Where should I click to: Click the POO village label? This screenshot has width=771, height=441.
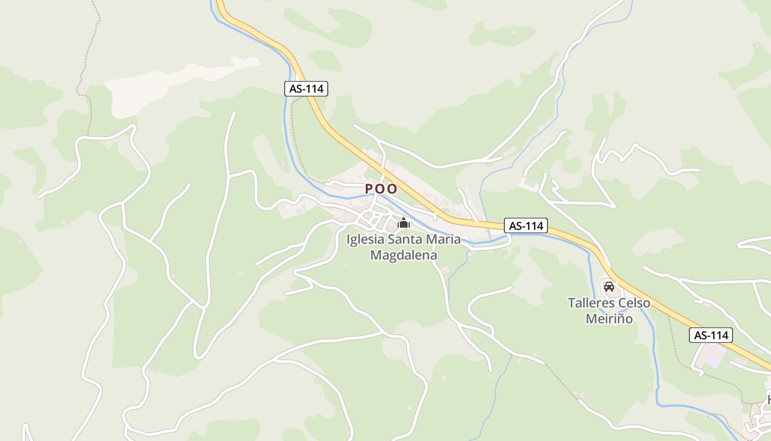(381, 189)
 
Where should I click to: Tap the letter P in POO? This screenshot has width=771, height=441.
(370, 189)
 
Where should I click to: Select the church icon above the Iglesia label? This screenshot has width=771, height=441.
(404, 223)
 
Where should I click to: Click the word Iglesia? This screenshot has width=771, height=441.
(366, 240)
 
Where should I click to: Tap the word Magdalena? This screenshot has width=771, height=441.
(404, 255)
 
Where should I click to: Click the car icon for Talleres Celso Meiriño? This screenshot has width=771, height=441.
(609, 287)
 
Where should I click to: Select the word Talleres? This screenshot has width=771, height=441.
(591, 303)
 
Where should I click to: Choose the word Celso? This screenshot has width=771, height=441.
(634, 303)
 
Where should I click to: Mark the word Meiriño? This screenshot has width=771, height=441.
(609, 319)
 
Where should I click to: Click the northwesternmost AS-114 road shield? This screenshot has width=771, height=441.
(306, 88)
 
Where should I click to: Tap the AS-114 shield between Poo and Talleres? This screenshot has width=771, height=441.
(526, 225)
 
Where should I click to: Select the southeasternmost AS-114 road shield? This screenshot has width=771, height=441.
(710, 335)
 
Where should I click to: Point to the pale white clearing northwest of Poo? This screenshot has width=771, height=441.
(176, 83)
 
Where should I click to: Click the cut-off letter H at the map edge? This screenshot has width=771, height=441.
(769, 399)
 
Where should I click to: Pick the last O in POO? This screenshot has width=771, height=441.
(392, 189)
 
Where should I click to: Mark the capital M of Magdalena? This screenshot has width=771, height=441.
(377, 255)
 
